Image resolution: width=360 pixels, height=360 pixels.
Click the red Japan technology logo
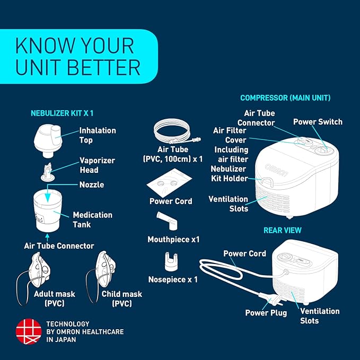click(x=29, y=331)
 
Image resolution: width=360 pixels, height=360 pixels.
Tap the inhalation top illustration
click(x=48, y=141)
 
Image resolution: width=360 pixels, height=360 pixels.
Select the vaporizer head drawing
click(x=48, y=172)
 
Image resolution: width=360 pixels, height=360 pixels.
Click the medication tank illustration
click(x=48, y=210)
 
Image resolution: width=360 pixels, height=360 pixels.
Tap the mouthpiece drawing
click(x=167, y=221)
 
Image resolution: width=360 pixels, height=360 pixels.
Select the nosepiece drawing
click(x=171, y=262)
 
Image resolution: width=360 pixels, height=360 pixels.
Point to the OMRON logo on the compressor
click(x=276, y=170)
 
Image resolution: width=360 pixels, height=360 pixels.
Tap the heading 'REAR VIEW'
click(x=283, y=230)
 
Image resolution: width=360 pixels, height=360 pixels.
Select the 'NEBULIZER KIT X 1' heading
click(x=62, y=113)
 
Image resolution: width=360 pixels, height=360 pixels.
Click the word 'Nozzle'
click(x=92, y=185)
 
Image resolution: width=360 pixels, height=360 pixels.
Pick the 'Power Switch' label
click(x=318, y=122)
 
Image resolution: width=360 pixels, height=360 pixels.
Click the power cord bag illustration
click(x=169, y=182)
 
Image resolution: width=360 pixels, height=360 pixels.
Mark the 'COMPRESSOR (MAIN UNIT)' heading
click(x=285, y=98)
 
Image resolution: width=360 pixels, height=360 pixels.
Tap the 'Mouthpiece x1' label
click(x=173, y=240)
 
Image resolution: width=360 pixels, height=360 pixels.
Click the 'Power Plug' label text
click(x=266, y=313)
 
